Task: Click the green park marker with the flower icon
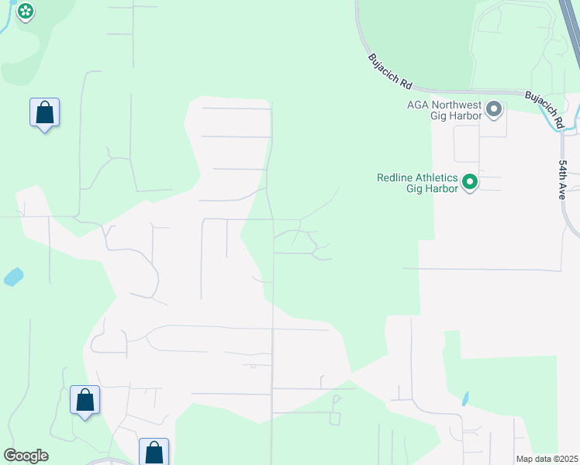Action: [26, 11]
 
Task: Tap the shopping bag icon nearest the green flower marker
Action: [45, 112]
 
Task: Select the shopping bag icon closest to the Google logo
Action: [85, 400]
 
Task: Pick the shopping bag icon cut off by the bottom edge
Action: [154, 452]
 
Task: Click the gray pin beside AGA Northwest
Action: [494, 109]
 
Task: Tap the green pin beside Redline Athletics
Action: [469, 183]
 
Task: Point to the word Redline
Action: [396, 177]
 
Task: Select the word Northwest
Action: [456, 105]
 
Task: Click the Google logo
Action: [26, 456]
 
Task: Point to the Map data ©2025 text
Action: [547, 459]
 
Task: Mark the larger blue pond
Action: [13, 276]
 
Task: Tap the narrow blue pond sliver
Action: [464, 398]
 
